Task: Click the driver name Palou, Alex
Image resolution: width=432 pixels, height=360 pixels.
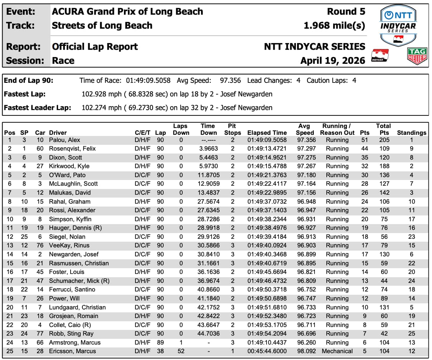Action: tap(64, 140)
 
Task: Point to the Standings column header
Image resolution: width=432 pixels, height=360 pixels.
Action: tap(412, 133)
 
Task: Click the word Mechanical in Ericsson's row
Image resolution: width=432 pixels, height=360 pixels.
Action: tap(337, 351)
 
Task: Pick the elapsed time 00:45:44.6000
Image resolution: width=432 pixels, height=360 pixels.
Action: tap(267, 351)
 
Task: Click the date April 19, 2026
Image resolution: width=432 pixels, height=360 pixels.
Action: tap(333, 60)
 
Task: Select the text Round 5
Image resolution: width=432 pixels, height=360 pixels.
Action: tap(346, 11)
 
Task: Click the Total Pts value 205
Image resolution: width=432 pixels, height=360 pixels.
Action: tap(384, 140)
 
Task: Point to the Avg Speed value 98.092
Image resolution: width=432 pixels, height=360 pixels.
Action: tap(306, 351)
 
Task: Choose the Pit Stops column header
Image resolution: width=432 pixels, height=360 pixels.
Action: tap(232, 129)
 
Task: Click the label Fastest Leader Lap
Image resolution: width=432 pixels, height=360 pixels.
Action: tap(38, 108)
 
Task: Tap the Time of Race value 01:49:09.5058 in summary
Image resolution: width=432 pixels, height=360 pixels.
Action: tap(148, 81)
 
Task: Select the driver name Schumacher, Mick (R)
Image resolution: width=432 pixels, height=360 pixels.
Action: tap(79, 281)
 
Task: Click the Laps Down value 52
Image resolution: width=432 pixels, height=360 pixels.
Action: tap(181, 351)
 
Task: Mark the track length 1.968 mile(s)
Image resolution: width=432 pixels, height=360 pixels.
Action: tap(334, 25)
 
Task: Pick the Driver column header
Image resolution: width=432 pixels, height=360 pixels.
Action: tap(58, 133)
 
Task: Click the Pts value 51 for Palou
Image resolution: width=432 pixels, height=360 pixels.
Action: tap(365, 140)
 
